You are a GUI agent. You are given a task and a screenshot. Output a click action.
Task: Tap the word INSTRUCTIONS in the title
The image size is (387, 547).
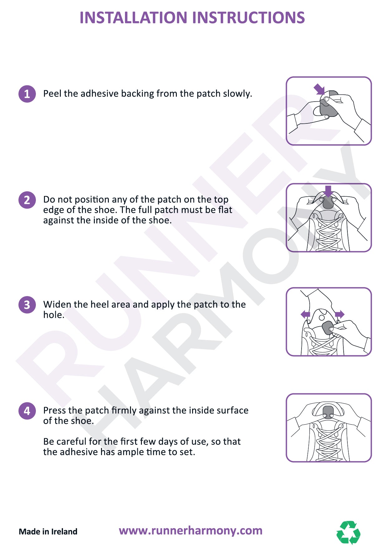click(248, 17)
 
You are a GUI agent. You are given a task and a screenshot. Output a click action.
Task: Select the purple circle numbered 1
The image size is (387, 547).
click(27, 94)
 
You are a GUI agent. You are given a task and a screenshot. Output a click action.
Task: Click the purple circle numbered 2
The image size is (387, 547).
click(27, 200)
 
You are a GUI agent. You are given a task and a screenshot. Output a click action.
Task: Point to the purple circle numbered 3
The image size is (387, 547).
click(27, 305)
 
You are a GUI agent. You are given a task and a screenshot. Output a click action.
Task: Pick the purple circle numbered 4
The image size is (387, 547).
click(27, 410)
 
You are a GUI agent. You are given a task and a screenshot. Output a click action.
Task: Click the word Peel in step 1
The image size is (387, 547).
click(52, 94)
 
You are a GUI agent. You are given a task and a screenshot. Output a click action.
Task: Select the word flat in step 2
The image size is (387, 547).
click(225, 210)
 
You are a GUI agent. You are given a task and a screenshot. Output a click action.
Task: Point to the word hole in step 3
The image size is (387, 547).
click(53, 315)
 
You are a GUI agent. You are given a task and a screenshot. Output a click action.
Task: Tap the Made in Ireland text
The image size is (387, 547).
click(48, 531)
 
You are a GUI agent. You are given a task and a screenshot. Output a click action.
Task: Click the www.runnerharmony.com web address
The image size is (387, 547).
click(191, 530)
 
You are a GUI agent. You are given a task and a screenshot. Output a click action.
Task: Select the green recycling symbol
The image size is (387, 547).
click(349, 532)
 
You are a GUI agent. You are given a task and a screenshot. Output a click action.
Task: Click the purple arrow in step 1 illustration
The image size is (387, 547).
click(319, 89)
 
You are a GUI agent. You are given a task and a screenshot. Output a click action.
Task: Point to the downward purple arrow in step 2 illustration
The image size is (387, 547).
click(328, 191)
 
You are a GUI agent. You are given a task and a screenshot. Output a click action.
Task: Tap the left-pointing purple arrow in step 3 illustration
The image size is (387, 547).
click(306, 314)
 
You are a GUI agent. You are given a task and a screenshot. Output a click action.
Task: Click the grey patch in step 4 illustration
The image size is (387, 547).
click(328, 412)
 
